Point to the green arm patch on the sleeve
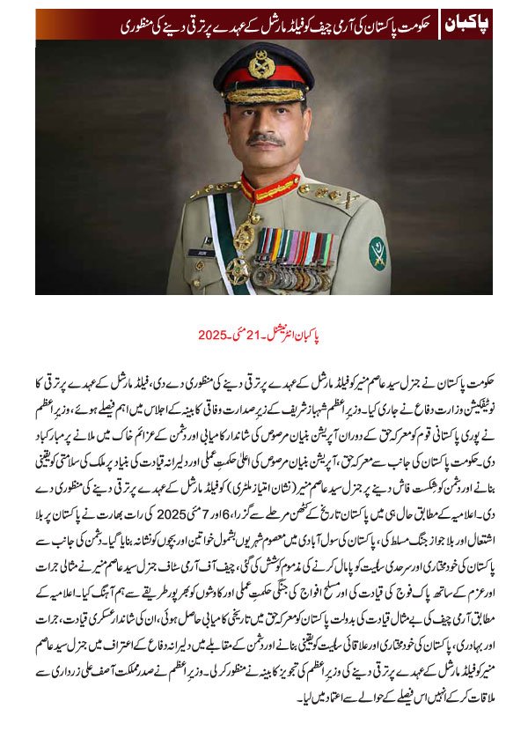pyautogui.click(x=378, y=254)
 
